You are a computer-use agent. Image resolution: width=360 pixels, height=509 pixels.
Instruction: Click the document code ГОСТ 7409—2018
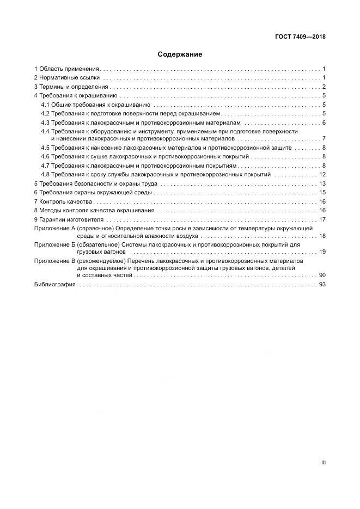point(300,37)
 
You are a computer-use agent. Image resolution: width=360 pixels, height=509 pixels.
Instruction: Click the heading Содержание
point(180,54)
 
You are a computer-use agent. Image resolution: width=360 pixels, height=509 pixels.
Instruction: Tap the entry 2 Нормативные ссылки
point(66,78)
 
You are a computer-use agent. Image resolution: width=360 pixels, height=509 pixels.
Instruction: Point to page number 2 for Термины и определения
point(324,87)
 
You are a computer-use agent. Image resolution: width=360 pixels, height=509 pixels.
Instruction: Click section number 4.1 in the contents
point(46,105)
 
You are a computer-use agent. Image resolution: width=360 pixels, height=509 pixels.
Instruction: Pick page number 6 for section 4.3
point(324,122)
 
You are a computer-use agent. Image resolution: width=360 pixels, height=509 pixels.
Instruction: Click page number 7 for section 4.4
point(324,138)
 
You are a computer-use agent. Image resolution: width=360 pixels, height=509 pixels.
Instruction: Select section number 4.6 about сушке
point(46,157)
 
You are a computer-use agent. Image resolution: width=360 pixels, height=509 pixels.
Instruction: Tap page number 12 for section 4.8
point(322,174)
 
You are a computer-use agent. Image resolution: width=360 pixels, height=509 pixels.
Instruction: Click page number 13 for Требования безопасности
point(322,183)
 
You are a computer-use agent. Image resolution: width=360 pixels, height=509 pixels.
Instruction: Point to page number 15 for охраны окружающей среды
point(322,192)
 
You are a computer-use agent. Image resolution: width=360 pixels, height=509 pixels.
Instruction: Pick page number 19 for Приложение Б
point(322,252)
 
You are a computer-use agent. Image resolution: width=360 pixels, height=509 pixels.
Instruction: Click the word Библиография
point(55,285)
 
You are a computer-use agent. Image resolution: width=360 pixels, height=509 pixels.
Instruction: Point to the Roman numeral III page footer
point(324,462)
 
